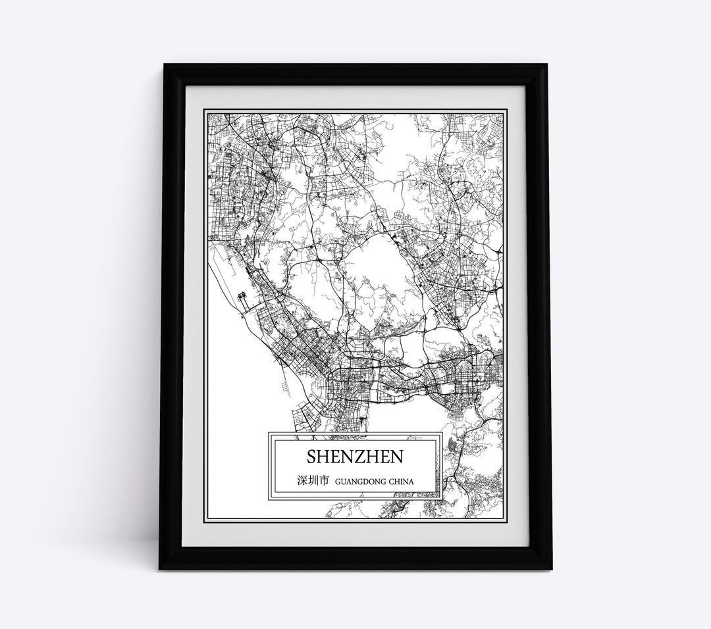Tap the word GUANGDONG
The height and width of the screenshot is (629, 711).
361,482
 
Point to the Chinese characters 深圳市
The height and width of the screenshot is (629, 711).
312,482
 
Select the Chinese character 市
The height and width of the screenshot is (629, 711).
323,482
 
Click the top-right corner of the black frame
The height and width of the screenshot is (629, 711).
552,64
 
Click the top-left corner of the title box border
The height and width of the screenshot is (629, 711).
268,432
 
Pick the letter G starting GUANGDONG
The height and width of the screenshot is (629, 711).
338,482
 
